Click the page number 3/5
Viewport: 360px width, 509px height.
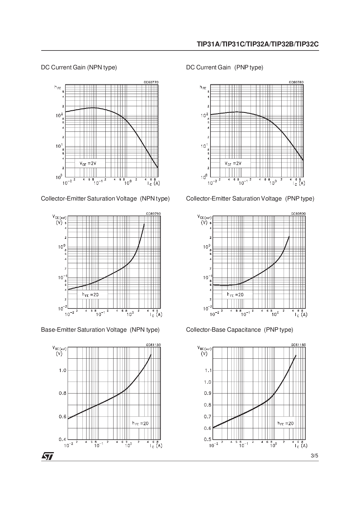click(x=314, y=456)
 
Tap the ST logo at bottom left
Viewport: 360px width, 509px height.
click(x=47, y=456)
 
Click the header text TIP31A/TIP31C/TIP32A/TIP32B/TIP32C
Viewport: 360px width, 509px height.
click(x=258, y=44)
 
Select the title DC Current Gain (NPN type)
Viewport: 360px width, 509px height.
click(x=79, y=68)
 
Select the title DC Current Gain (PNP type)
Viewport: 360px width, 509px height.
click(x=225, y=68)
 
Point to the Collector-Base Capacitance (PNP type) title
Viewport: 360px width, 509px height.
click(x=240, y=330)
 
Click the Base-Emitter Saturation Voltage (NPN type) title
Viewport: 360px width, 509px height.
click(x=100, y=330)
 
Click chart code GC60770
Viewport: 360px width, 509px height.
click(x=151, y=82)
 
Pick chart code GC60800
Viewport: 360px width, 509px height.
click(x=298, y=214)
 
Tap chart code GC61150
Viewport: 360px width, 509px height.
click(x=153, y=345)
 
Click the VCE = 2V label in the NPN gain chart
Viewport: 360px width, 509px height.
click(x=88, y=163)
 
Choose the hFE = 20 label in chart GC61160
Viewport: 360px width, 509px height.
click(x=285, y=423)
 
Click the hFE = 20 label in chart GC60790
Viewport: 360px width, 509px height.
click(x=90, y=295)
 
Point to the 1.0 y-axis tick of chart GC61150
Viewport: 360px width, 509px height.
click(x=62, y=370)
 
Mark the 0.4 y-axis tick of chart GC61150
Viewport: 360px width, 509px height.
click(x=62, y=439)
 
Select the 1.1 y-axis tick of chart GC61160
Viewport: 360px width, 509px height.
click(x=208, y=370)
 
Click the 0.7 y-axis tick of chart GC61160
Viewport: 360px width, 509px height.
click(x=208, y=417)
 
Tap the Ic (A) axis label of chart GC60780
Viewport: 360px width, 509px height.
click(x=299, y=183)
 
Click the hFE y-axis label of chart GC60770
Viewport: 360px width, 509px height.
click(x=57, y=87)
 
